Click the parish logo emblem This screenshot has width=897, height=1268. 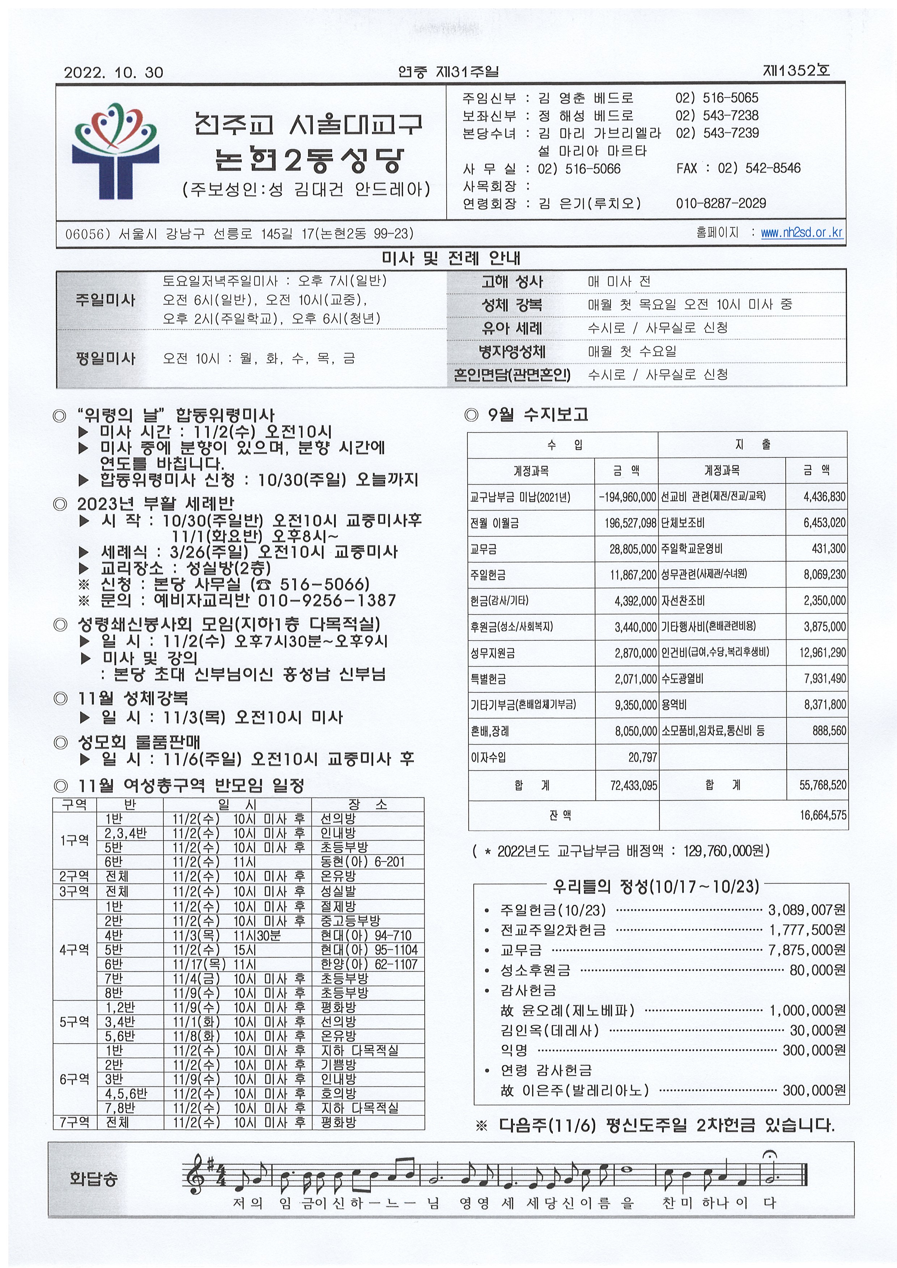click(115, 151)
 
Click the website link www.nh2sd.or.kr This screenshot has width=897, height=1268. click(802, 232)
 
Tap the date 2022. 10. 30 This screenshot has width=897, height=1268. click(113, 72)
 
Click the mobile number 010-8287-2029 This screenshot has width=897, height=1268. click(721, 203)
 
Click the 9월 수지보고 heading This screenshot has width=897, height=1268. click(537, 414)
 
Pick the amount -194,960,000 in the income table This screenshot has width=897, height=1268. click(627, 497)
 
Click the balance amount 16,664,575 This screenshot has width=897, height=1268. click(823, 815)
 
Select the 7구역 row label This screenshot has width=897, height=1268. click(75, 1122)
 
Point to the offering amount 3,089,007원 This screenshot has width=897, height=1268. click(806, 909)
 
